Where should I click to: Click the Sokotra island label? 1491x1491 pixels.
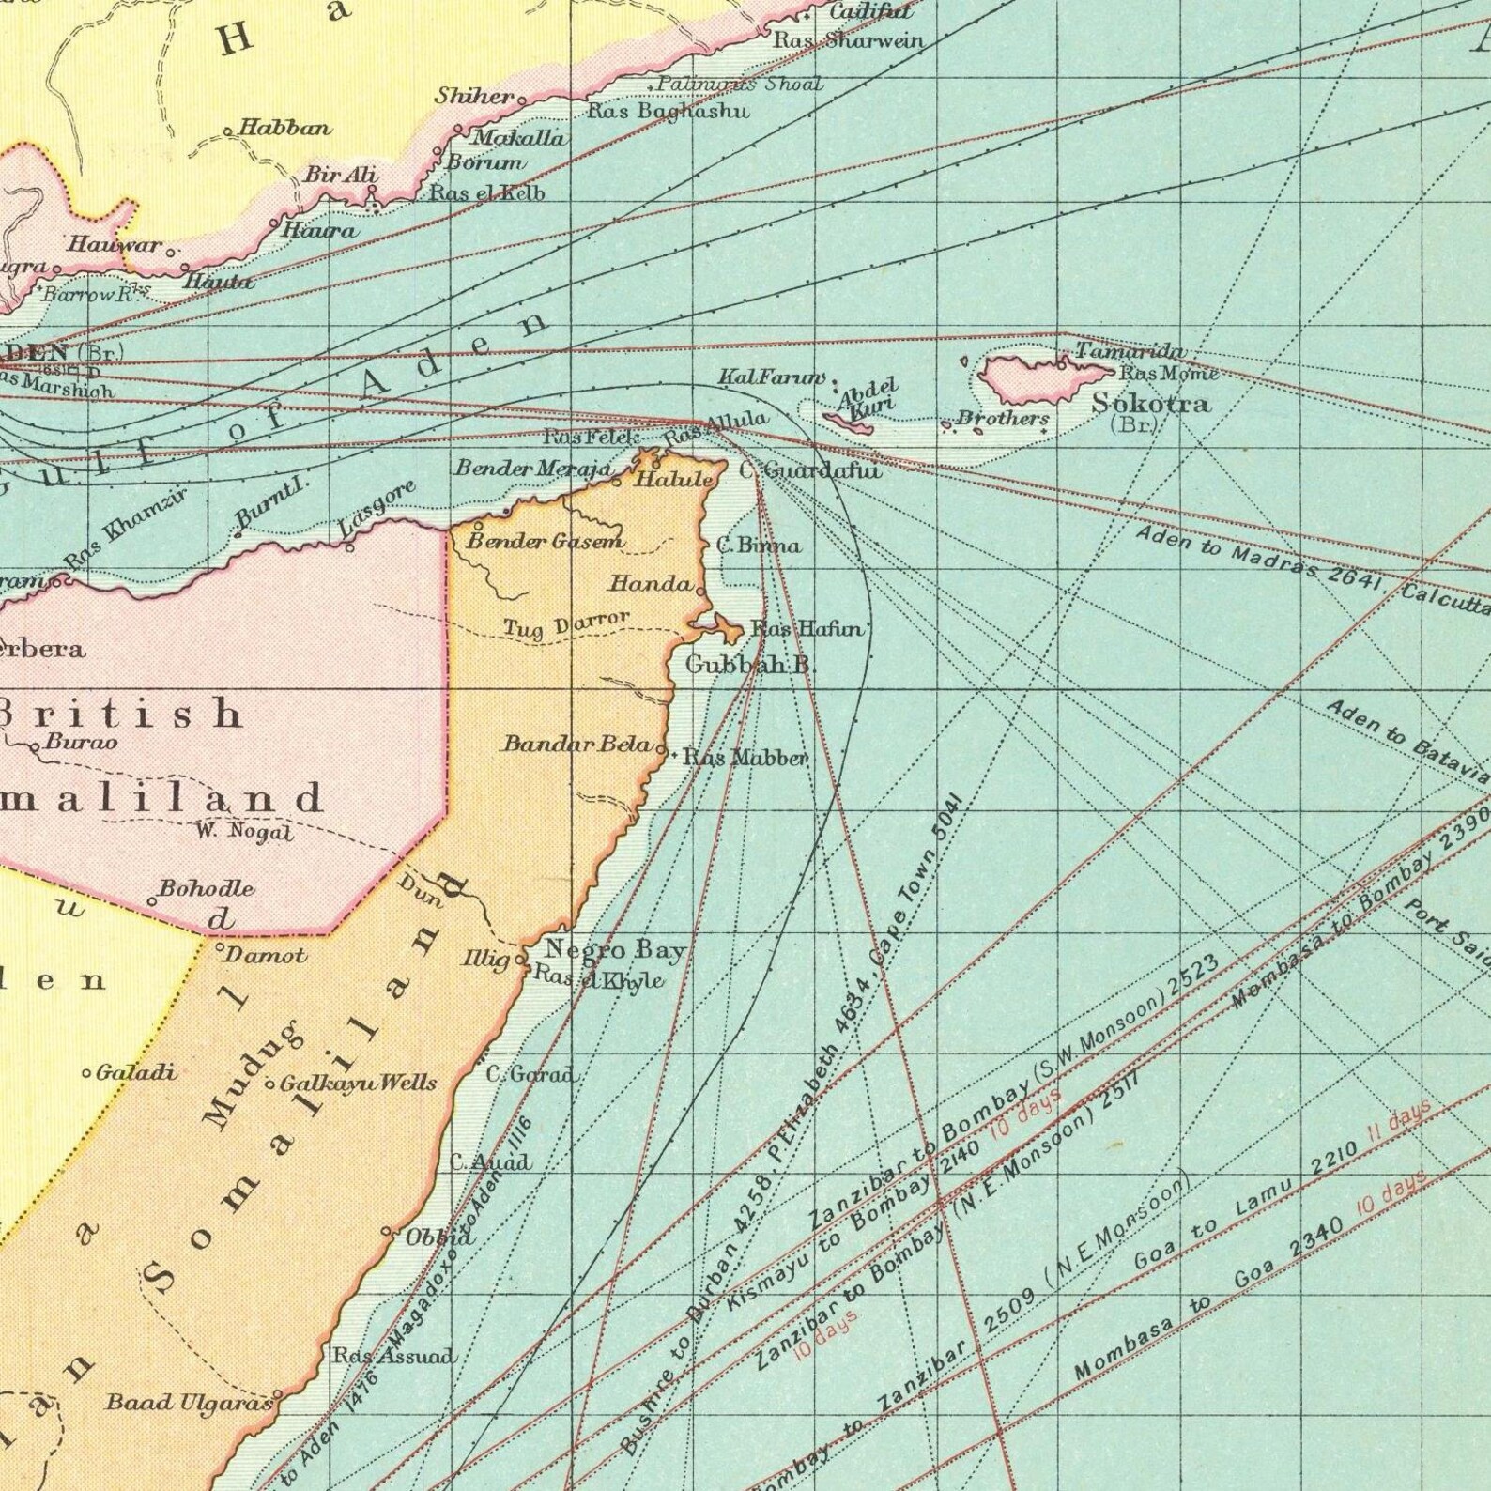coord(1151,403)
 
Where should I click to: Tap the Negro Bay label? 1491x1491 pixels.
coord(615,950)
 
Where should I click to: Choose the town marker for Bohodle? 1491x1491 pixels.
coord(152,901)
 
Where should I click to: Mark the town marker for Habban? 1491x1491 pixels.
coord(228,131)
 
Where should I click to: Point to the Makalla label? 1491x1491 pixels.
coord(518,138)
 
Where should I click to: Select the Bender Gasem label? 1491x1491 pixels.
coord(546,542)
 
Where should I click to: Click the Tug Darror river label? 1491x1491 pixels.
coord(566,624)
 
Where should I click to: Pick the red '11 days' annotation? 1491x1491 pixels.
coord(1399,1120)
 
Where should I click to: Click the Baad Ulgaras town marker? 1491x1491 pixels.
coord(278,1394)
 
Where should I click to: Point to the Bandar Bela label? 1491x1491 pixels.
coord(576,745)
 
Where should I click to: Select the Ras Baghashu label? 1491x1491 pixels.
coord(668,111)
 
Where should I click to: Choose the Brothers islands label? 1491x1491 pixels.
coord(1002,418)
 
